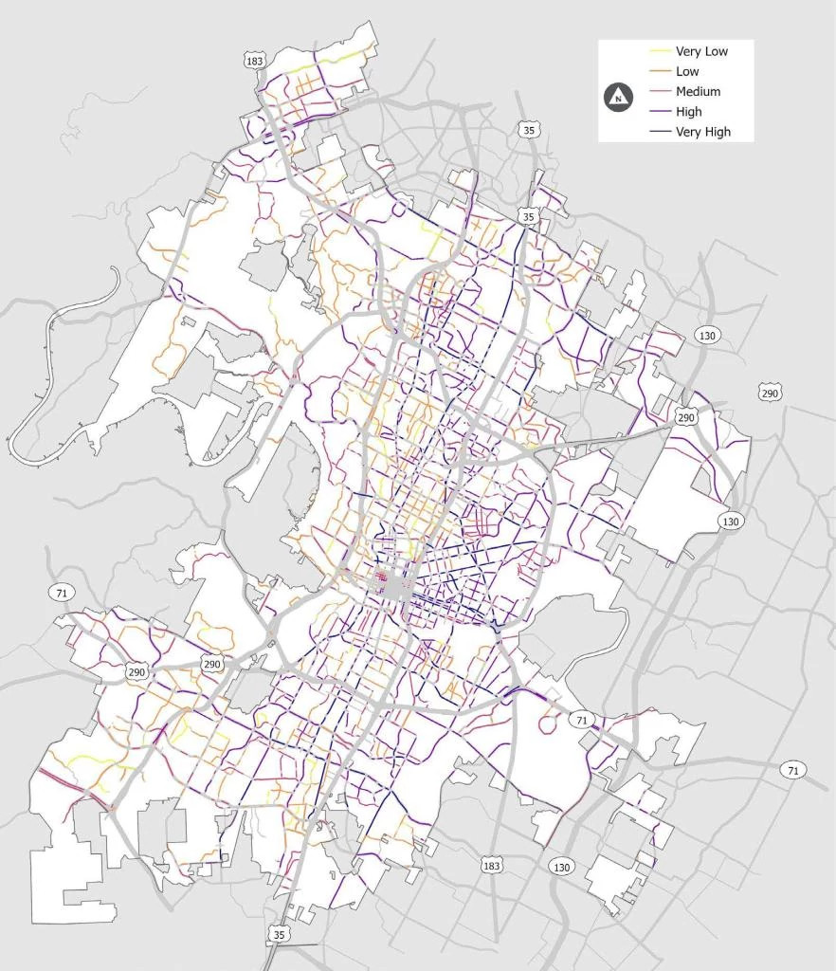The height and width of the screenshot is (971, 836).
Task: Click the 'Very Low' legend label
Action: [701, 51]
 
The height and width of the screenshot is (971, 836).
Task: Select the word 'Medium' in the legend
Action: [698, 92]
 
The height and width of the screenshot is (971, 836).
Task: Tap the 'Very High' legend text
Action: [703, 133]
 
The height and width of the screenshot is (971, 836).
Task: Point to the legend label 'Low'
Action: [687, 72]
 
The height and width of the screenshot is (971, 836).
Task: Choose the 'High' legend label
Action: [689, 112]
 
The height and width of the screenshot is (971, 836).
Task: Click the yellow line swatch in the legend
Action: [658, 51]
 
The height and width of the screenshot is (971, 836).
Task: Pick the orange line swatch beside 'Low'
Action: [658, 72]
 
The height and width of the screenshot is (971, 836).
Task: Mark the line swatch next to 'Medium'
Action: [658, 92]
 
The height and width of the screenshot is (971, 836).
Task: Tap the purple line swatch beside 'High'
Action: [658, 112]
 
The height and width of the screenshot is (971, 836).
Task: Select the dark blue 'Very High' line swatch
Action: [658, 133]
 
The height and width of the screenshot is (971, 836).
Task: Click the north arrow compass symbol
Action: [619, 97]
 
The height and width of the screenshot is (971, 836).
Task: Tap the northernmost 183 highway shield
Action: [254, 61]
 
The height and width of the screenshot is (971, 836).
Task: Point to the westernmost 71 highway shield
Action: [60, 593]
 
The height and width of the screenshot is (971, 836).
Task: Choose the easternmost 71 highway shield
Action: [792, 770]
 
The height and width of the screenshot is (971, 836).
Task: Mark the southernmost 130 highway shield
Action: [561, 867]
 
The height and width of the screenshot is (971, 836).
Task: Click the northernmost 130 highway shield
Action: [706, 336]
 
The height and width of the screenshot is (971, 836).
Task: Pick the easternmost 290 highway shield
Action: [769, 393]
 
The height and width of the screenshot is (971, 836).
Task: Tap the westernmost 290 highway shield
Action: [136, 672]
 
